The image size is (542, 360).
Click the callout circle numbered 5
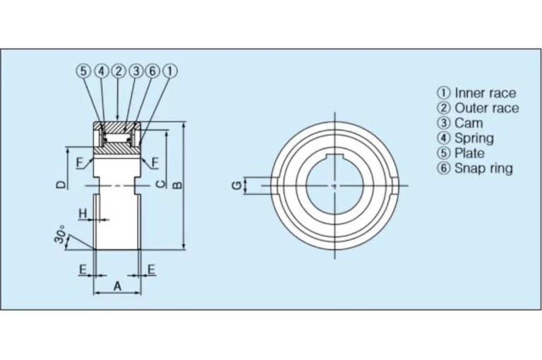coord(83,71)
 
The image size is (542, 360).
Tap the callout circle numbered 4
coord(102,71)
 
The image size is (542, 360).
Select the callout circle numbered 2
coord(119,71)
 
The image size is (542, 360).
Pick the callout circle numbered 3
coord(135,71)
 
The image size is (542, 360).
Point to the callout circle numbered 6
coord(152,71)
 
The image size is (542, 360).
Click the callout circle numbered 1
coord(169,71)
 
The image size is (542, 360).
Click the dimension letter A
coord(118,286)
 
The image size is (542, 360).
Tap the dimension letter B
coord(177,186)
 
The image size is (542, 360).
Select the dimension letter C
coord(161,184)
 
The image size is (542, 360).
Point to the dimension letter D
coord(61,184)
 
